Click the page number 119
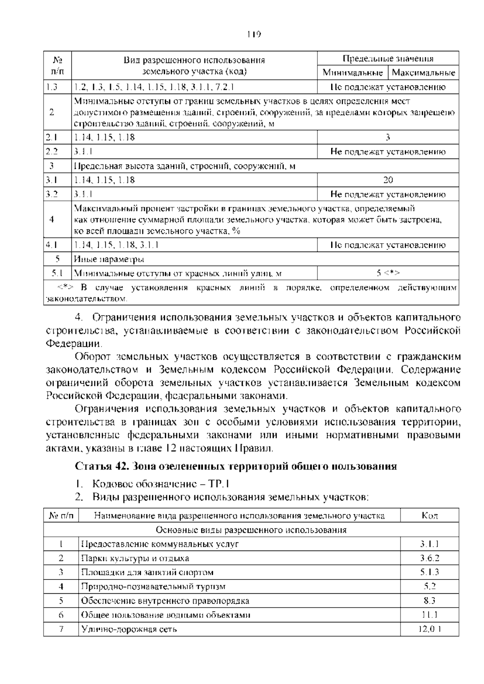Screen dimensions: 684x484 coord(254,34)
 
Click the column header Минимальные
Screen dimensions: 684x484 coord(353,73)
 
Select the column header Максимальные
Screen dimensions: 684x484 coord(423,73)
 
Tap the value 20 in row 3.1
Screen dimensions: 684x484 coord(388,180)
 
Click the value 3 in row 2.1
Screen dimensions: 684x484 coord(388,137)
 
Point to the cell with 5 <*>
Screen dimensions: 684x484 coord(388,273)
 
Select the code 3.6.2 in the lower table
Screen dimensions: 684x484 coord(429,558)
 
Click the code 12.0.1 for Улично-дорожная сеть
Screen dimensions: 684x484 coord(429,629)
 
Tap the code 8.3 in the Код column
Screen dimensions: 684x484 coord(429,601)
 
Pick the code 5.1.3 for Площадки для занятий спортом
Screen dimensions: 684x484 coord(429,572)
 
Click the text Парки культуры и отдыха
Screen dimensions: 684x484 coord(135,558)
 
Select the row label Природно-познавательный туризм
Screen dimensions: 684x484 coord(153,586)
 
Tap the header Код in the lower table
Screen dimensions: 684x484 coord(429,515)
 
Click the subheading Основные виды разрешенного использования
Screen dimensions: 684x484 coord(251,530)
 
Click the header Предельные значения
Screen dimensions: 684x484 coord(388,58)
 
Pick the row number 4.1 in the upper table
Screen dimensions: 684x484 coord(52,245)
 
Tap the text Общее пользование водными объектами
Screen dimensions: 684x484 coord(166,615)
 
